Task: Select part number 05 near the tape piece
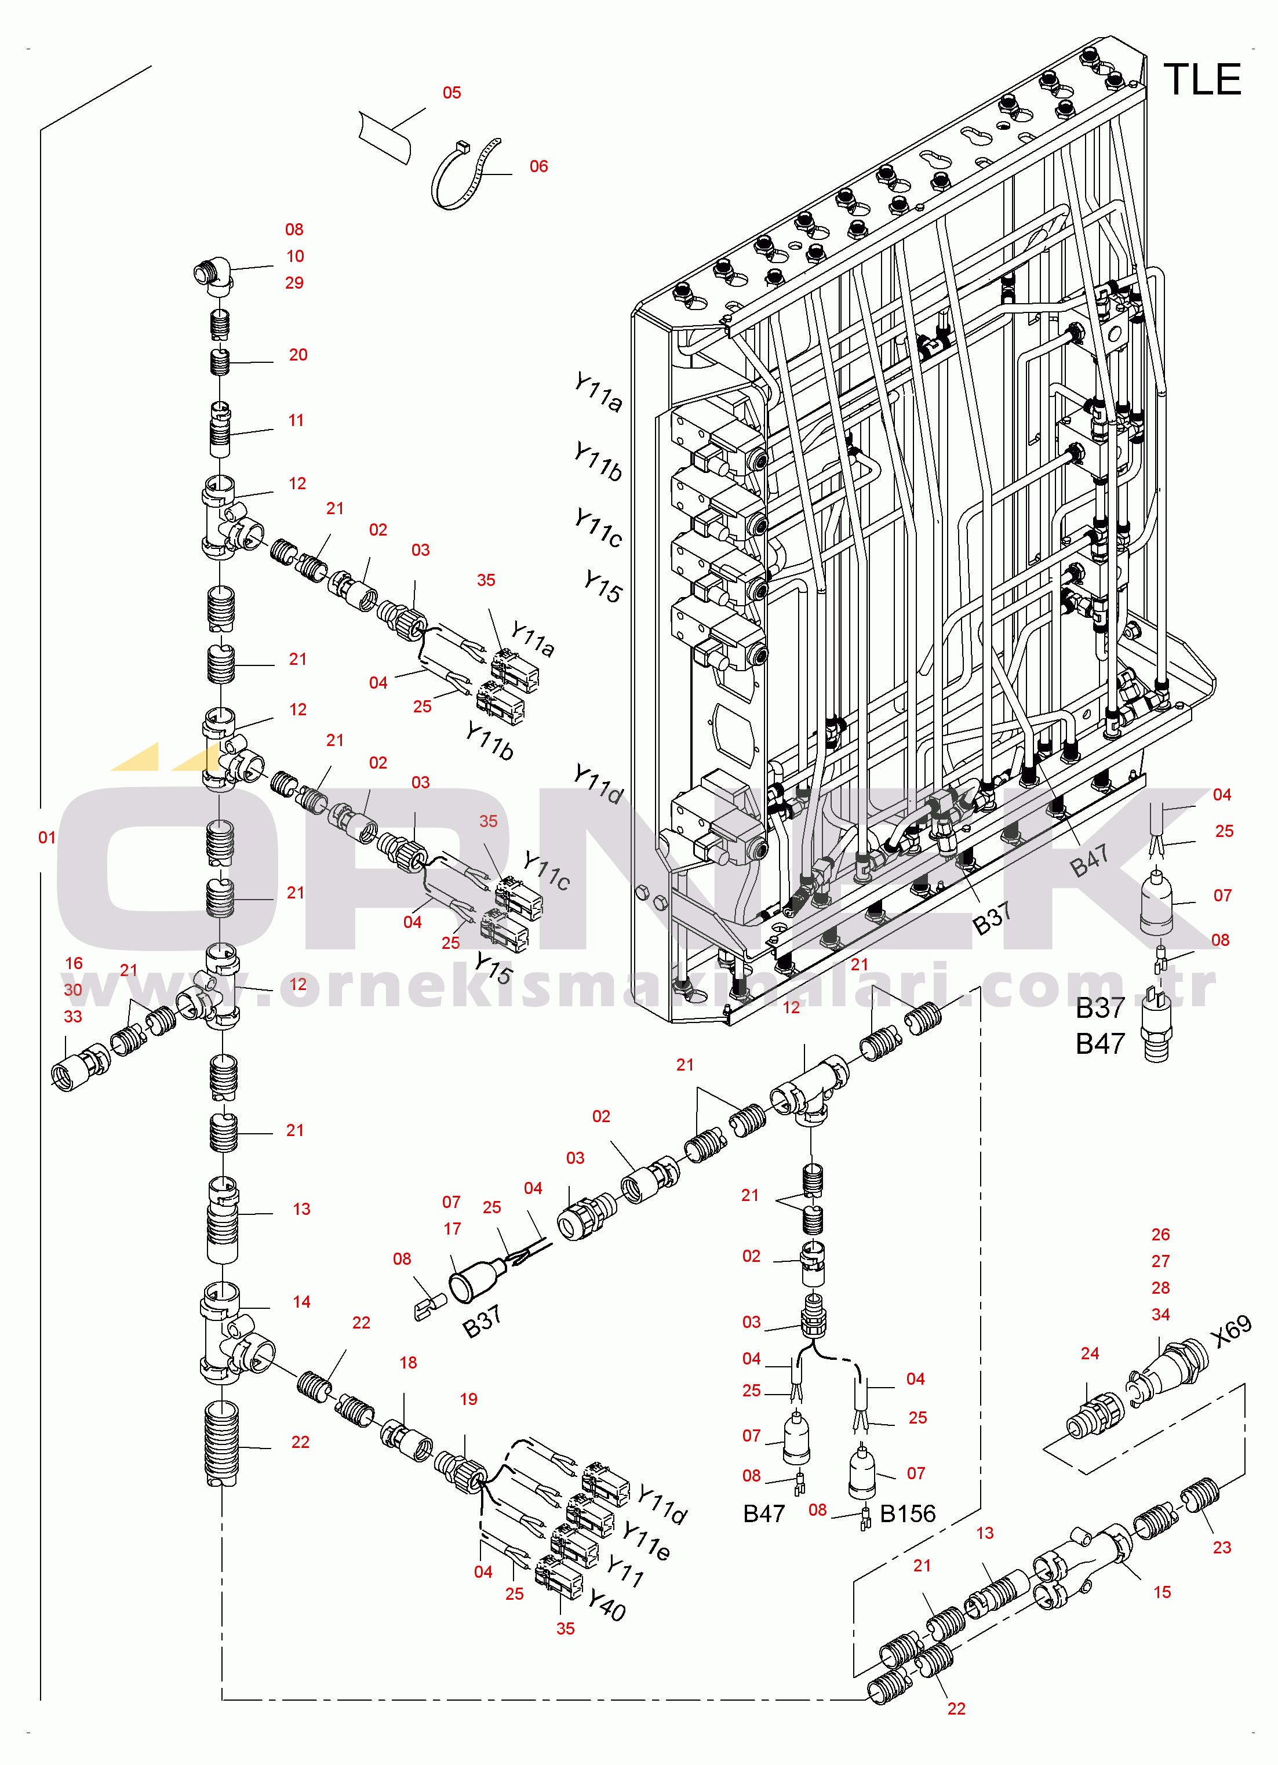pyautogui.click(x=452, y=93)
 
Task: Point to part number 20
pyautogui.click(x=298, y=355)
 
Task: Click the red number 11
pyautogui.click(x=296, y=420)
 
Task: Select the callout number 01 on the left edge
pyautogui.click(x=47, y=838)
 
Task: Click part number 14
pyautogui.click(x=301, y=1301)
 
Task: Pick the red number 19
pyautogui.click(x=468, y=1399)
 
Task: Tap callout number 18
pyautogui.click(x=408, y=1362)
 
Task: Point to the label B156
pyautogui.click(x=908, y=1513)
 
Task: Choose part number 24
pyautogui.click(x=1090, y=1353)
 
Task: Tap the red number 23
pyautogui.click(x=1222, y=1547)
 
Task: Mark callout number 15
pyautogui.click(x=1162, y=1592)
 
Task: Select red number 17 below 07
pyautogui.click(x=452, y=1228)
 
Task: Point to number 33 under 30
pyautogui.click(x=72, y=1016)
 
